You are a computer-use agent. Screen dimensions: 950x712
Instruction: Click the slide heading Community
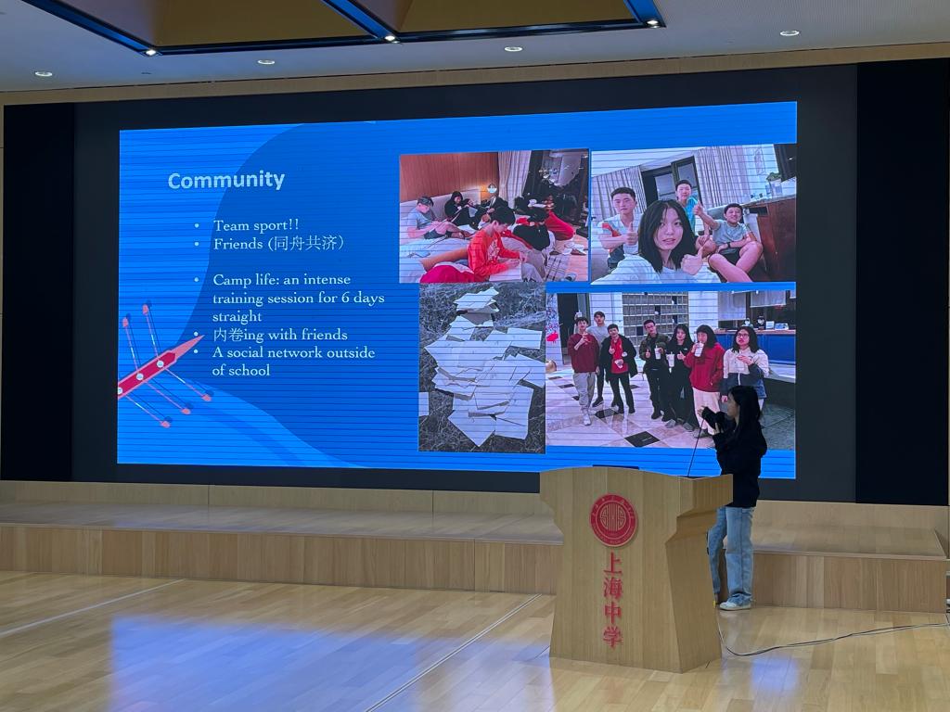(x=226, y=180)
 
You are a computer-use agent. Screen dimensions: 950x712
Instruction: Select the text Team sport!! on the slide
(x=256, y=225)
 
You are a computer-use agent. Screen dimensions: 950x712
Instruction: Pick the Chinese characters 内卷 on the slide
(x=228, y=335)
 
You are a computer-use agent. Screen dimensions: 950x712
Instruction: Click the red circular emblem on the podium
(x=613, y=520)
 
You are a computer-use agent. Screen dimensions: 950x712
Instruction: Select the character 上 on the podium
(x=612, y=563)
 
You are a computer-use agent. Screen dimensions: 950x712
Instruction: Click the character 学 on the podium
(x=612, y=636)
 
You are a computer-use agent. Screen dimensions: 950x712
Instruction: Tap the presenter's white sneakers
(x=735, y=604)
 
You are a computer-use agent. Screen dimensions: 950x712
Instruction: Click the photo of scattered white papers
(x=482, y=367)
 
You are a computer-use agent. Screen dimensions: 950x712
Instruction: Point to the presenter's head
(x=743, y=403)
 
